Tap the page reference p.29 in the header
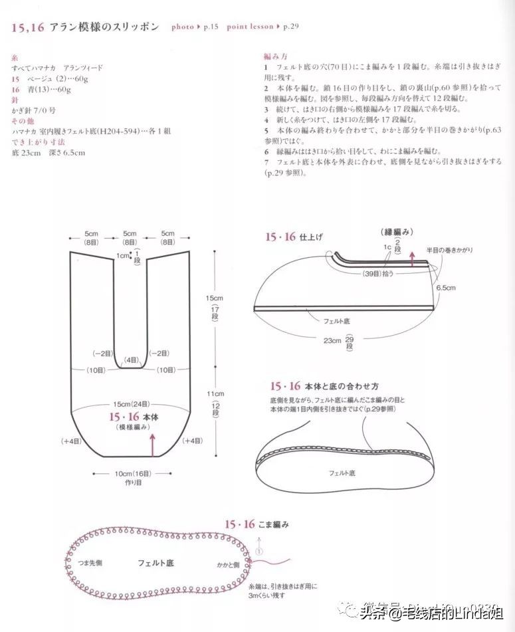[x=290, y=27]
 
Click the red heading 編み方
[x=275, y=58]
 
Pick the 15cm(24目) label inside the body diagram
[x=130, y=404]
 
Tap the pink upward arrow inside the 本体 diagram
[x=154, y=444]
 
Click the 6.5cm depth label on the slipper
[x=446, y=288]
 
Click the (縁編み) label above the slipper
[x=398, y=231]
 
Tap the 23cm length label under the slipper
[x=332, y=340]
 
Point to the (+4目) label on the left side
[x=70, y=441]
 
